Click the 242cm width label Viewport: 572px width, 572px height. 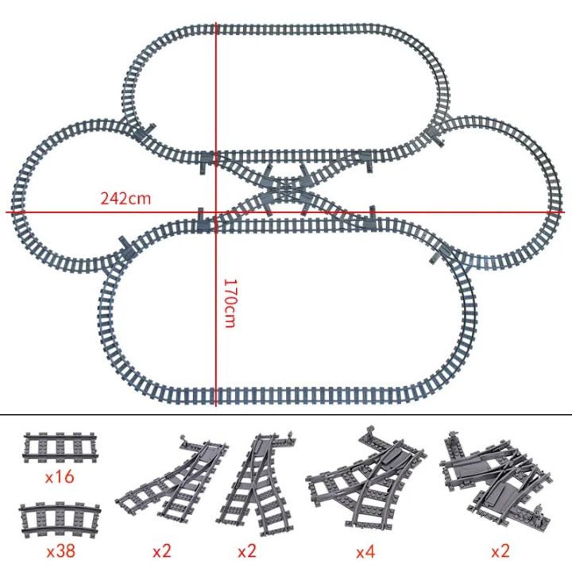coord(125,198)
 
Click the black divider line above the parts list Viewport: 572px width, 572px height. coord(286,415)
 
